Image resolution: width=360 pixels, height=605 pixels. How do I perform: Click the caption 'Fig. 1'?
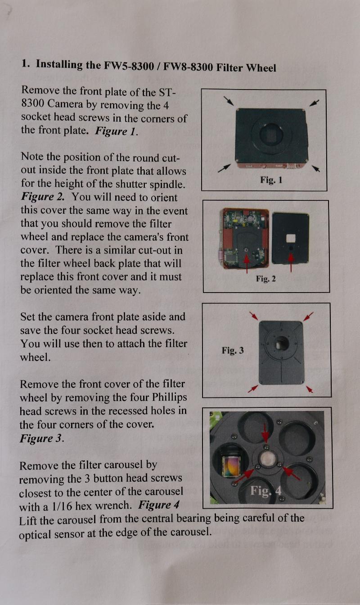click(x=271, y=180)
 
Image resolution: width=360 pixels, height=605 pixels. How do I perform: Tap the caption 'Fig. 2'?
click(x=266, y=279)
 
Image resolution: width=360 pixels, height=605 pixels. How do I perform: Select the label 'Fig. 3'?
click(x=233, y=350)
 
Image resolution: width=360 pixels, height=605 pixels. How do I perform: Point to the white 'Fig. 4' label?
click(x=266, y=491)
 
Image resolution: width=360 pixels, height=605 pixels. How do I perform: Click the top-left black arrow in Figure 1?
click(x=229, y=101)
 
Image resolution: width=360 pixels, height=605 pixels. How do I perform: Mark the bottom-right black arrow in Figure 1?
click(x=316, y=168)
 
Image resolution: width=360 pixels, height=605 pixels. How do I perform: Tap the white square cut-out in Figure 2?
click(x=291, y=238)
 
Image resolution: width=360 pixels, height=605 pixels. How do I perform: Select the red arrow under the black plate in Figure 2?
click(x=291, y=262)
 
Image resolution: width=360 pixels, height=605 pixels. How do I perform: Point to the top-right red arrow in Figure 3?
click(x=308, y=316)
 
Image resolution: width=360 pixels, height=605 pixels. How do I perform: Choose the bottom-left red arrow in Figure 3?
click(x=253, y=389)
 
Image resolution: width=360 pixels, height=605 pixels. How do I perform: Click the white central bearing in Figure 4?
click(x=267, y=458)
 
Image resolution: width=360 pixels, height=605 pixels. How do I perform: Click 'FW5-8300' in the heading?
click(x=129, y=66)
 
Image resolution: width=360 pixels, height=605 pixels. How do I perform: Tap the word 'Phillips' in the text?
click(x=169, y=397)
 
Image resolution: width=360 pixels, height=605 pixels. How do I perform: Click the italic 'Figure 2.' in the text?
click(x=43, y=197)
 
